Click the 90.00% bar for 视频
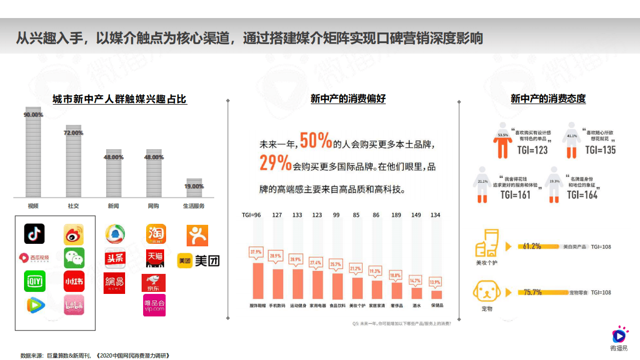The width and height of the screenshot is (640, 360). pos(34,153)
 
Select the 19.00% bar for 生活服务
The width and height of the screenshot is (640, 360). pos(194,188)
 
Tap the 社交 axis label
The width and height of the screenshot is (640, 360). pos(74,206)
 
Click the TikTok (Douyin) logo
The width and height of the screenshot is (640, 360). pos(34,234)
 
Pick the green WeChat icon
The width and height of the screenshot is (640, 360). pos(74,258)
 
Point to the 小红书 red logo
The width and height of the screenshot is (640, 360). pos(74,281)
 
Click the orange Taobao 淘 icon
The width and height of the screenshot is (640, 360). pos(156,234)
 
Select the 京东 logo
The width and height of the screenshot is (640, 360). pos(154,283)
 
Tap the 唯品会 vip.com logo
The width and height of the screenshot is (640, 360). pos(154,305)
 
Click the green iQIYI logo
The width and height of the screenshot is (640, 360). pos(35,281)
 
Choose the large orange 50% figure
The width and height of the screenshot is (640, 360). pos(316,141)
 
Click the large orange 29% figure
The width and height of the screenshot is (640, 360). pos(275,163)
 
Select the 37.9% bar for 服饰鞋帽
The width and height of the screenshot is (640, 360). pos(258,280)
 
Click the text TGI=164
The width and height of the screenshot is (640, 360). pos(582,195)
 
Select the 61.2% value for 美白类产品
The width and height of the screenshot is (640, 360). pos(531,246)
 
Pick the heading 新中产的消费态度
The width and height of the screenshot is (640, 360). pos(548,99)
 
